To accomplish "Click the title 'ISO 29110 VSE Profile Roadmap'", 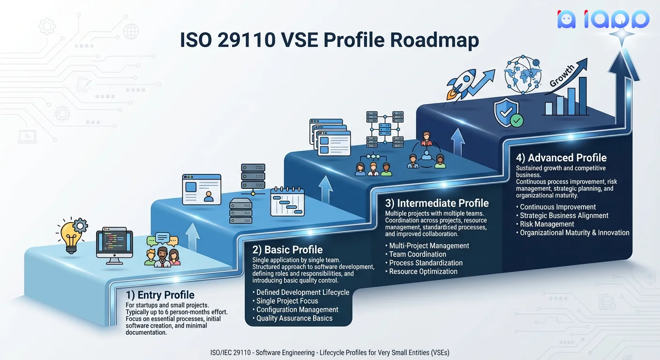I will click(x=330, y=40).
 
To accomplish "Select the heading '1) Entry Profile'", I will click(x=160, y=295).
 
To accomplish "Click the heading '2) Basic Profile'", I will click(x=287, y=250).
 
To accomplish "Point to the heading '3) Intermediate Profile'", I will click(x=437, y=203).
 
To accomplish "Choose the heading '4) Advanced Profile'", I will click(x=561, y=158).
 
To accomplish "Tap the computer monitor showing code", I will click(x=114, y=243).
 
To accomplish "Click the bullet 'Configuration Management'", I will click(x=297, y=310).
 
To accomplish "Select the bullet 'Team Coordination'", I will click(x=418, y=255).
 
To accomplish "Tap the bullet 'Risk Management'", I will click(x=547, y=224).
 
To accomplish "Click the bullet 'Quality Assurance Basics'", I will click(x=294, y=318).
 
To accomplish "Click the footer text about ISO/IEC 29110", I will click(x=330, y=352).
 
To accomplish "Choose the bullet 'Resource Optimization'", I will click(x=423, y=271).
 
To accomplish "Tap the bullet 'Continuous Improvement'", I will click(x=558, y=207).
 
